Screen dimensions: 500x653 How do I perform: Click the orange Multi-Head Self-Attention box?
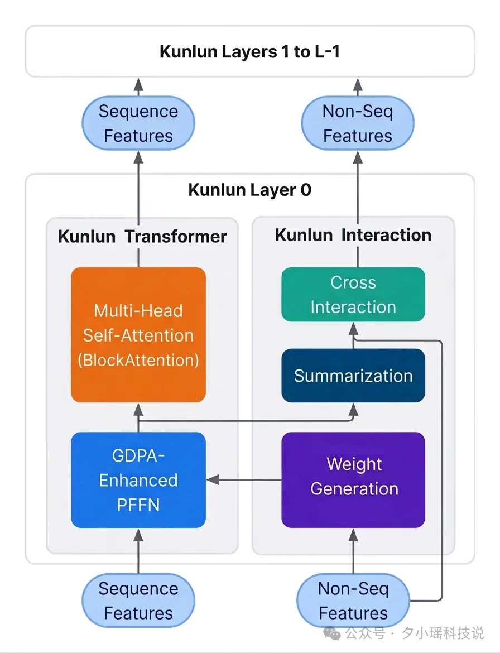coord(138,335)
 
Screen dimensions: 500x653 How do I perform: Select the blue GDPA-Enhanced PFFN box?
coord(138,480)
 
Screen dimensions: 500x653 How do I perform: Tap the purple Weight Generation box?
coord(353,480)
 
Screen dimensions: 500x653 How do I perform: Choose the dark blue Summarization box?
coord(353,376)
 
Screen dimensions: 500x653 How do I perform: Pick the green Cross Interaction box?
coord(353,295)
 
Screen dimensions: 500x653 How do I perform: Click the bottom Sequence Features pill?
coord(138,601)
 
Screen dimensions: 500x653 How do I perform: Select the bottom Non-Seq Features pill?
coord(353,601)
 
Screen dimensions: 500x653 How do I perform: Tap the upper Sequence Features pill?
coord(138,123)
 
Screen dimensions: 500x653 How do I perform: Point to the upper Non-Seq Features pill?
coord(358,123)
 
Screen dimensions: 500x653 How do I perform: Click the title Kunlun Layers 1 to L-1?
coord(250,52)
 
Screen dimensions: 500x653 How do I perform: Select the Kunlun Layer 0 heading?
coord(250,190)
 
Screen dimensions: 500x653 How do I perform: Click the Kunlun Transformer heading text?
coord(142,237)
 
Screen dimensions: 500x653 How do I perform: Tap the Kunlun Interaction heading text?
coord(353,236)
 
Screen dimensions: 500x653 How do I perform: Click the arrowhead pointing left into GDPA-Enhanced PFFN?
coord(213,480)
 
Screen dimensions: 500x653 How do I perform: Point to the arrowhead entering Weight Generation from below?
coord(353,535)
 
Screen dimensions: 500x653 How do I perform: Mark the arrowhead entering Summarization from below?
coord(353,410)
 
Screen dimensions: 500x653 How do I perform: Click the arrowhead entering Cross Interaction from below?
coord(353,329)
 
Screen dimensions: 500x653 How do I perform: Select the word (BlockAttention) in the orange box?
coord(138,360)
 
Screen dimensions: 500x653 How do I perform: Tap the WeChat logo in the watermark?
coord(332,633)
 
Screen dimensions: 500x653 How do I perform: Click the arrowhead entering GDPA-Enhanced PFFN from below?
coord(138,535)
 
